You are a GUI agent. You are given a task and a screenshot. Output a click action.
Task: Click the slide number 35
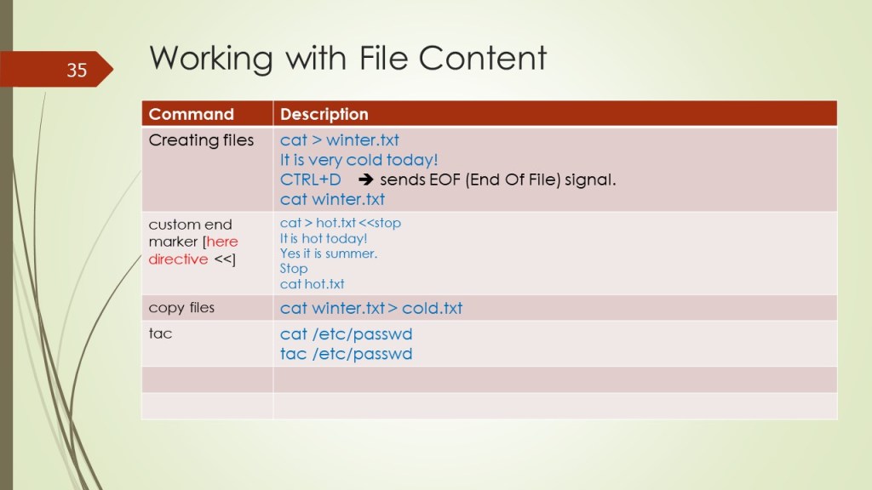77,70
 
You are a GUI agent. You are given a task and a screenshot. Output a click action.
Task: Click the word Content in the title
483,58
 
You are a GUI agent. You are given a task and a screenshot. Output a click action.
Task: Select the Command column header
192,114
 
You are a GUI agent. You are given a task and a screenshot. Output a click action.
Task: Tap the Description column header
324,114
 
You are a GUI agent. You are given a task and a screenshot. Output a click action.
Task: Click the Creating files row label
201,140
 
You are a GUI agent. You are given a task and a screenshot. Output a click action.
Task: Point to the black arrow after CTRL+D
365,179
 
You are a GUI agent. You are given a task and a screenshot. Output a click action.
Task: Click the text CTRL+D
310,179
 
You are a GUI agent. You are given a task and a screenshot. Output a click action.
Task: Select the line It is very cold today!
359,160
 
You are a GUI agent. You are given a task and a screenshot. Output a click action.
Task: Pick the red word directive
178,259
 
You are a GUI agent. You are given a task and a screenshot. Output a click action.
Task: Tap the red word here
222,242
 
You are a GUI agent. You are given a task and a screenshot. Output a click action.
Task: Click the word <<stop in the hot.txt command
380,223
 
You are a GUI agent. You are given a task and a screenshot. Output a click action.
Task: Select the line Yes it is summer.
329,254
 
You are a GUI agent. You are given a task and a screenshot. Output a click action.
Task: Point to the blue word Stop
294,269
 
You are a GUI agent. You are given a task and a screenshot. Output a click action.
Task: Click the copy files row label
181,308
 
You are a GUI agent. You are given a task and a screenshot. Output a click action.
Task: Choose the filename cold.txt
432,308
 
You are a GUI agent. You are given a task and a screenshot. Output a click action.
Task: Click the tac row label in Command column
160,333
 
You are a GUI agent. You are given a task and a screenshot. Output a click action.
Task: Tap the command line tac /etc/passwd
346,354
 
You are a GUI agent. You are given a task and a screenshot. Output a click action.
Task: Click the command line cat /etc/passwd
346,333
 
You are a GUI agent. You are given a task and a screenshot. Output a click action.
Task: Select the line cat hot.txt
312,284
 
